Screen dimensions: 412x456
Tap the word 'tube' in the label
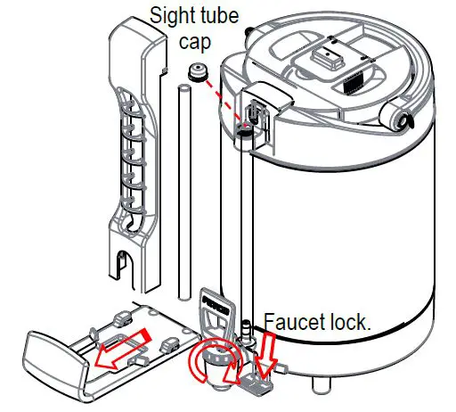[226, 15]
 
